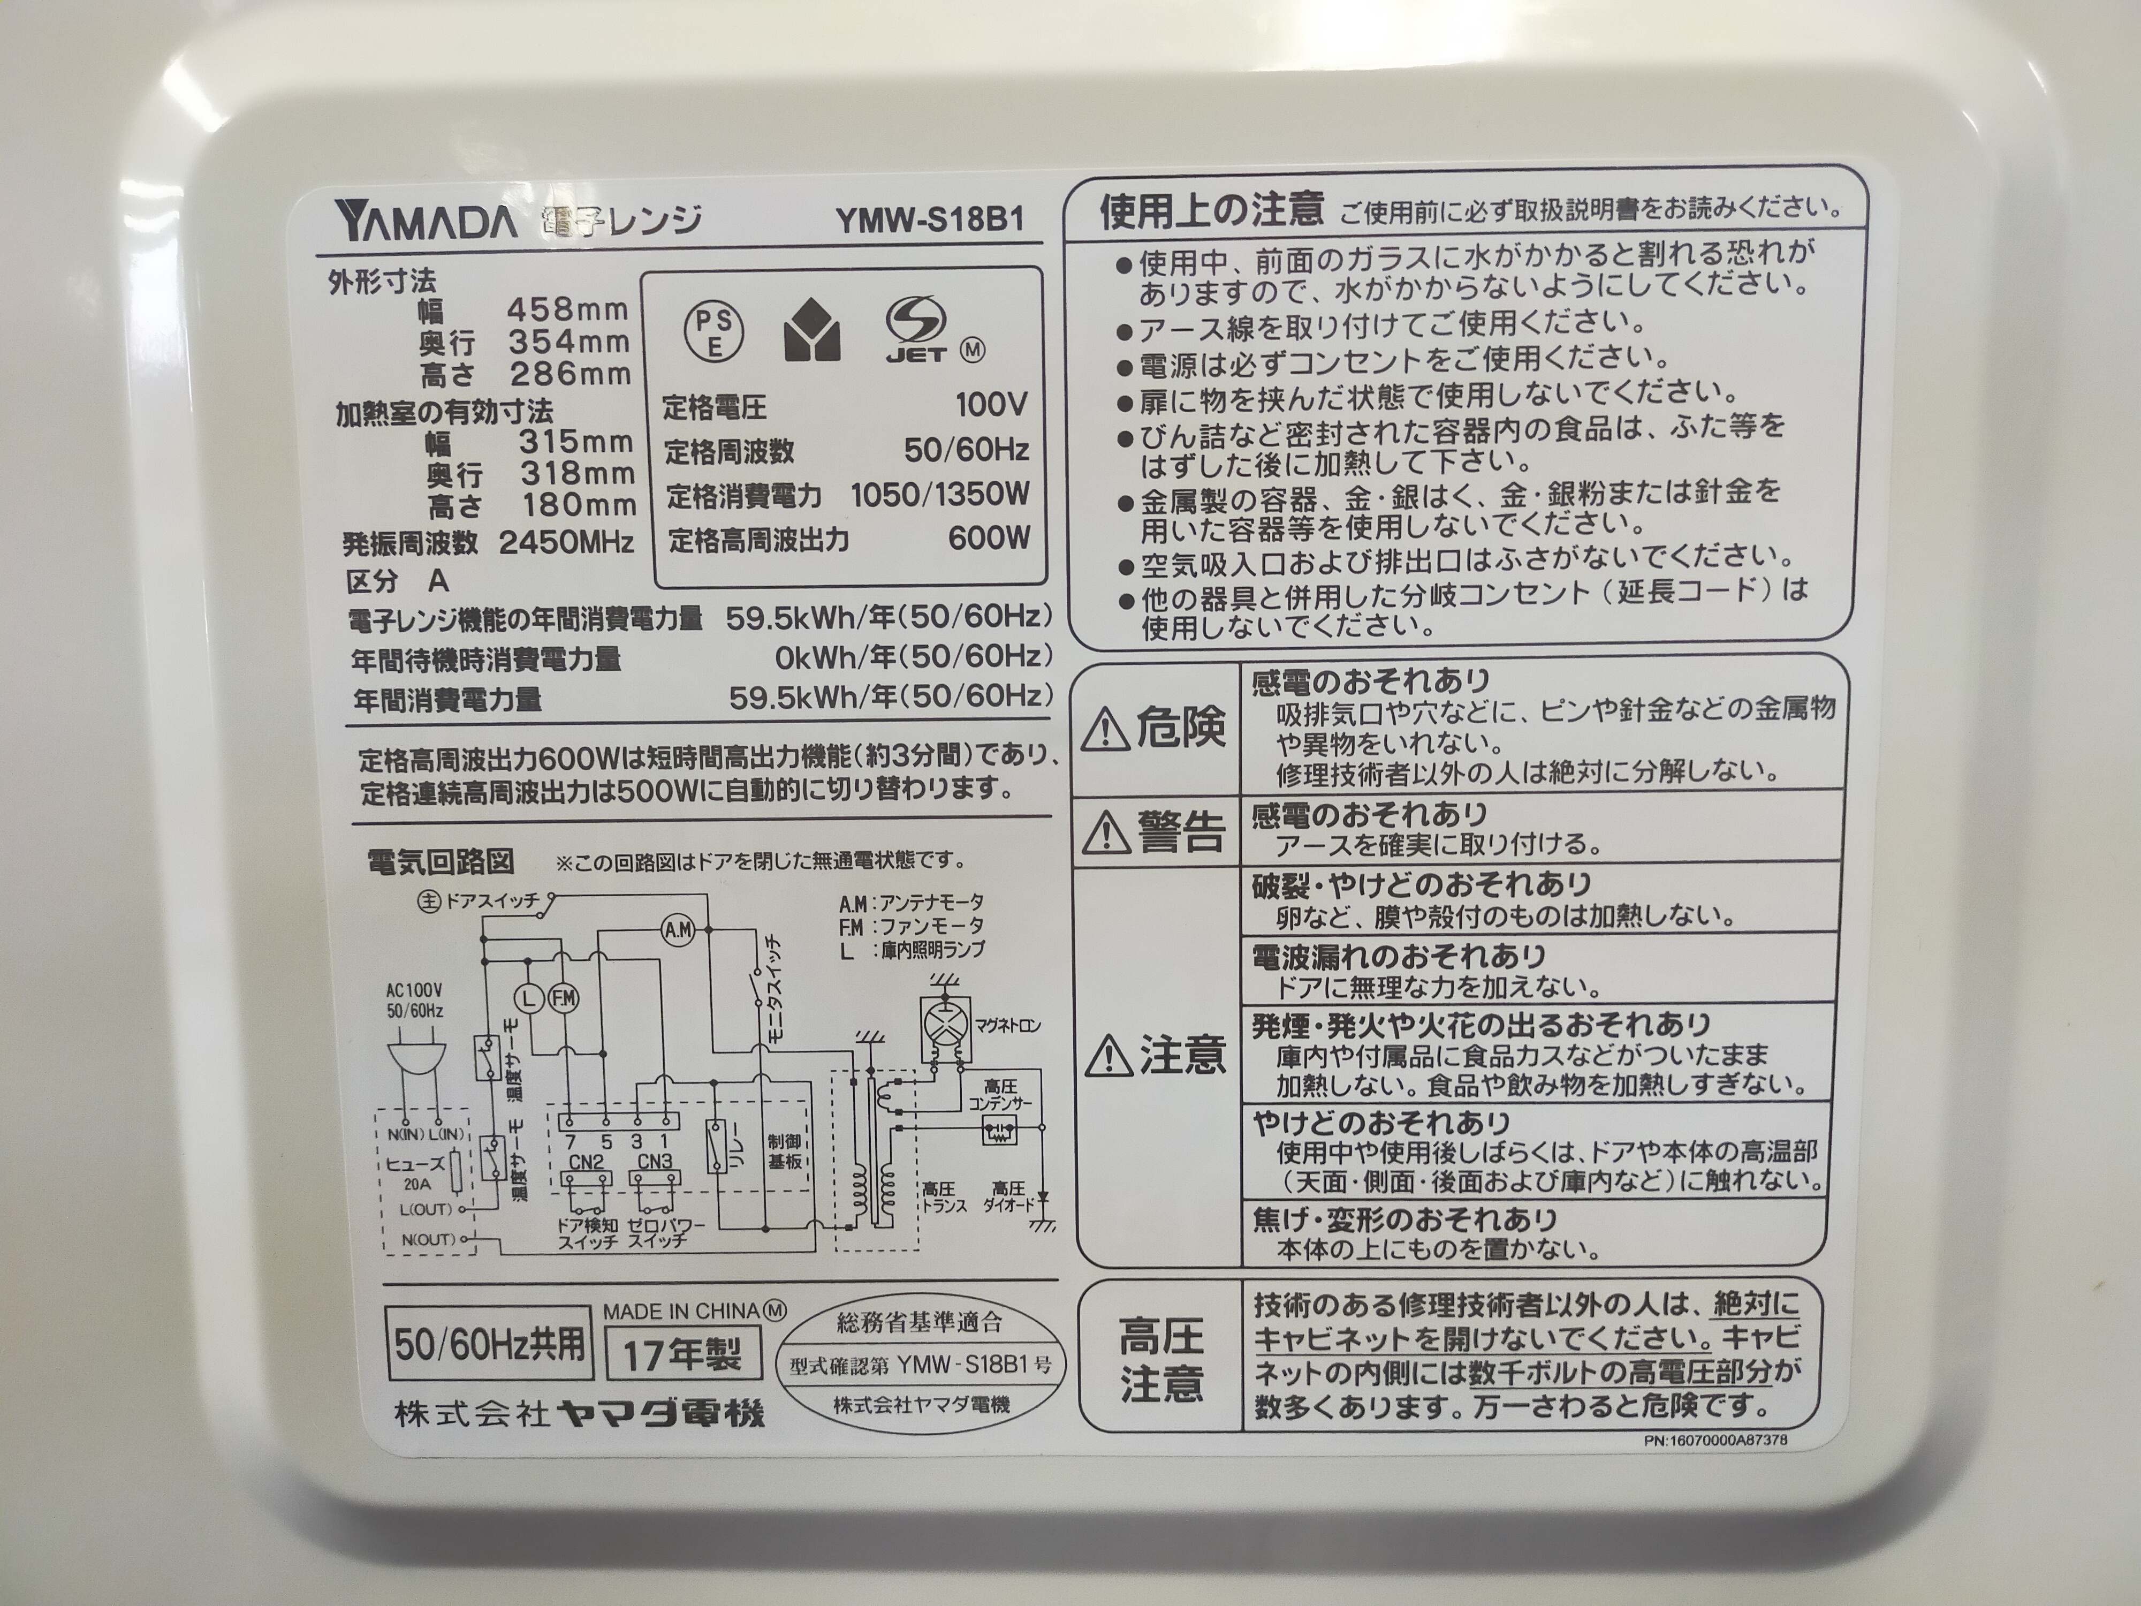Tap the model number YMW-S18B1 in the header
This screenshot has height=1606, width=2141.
(x=930, y=219)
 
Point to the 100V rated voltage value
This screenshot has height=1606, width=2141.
(x=991, y=405)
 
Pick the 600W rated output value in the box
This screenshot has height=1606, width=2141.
(x=989, y=538)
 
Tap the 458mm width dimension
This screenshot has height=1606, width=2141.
(x=568, y=310)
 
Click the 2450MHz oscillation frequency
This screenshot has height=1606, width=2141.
(x=566, y=542)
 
